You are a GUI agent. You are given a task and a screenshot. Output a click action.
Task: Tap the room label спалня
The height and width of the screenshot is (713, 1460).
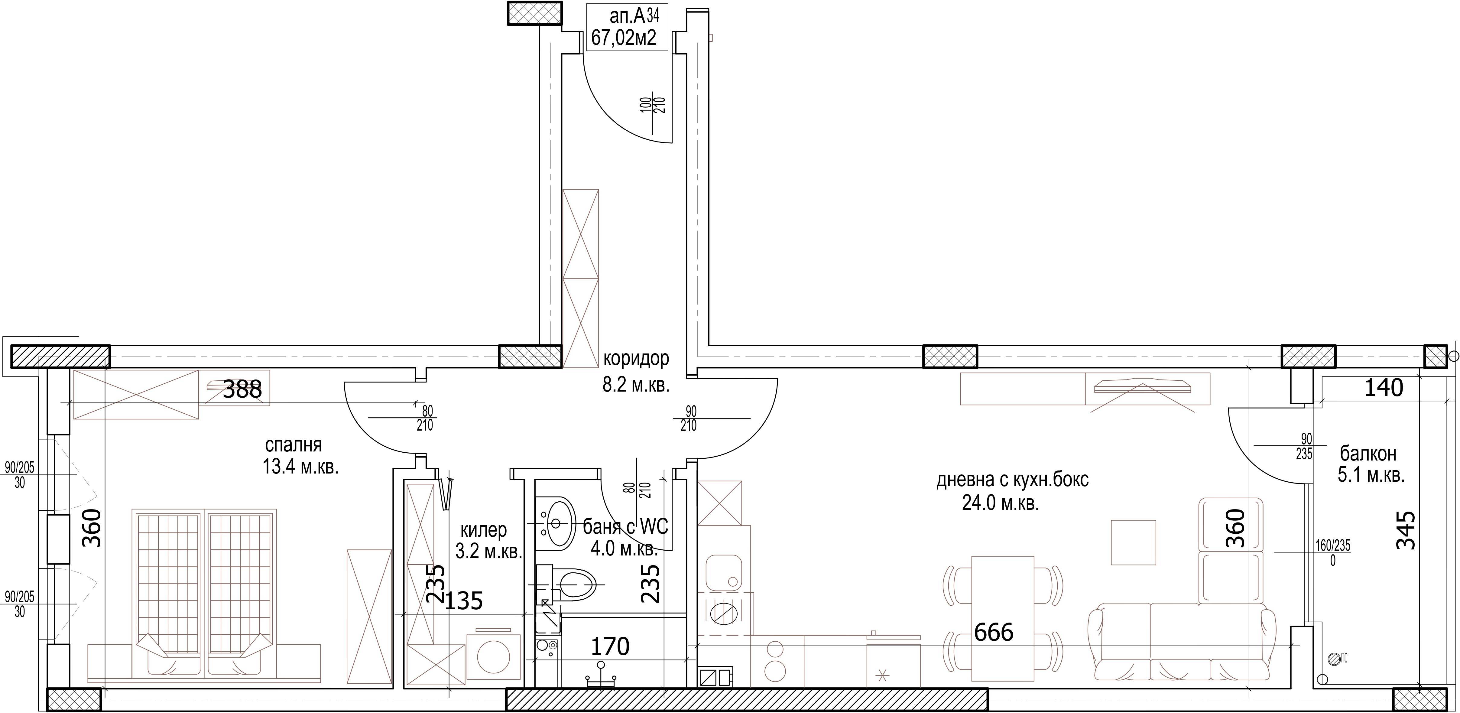tap(294, 444)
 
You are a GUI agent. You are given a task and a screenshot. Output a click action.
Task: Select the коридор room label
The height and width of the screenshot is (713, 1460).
tap(636, 358)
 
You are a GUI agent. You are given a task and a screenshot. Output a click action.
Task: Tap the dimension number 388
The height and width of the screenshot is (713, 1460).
tap(242, 389)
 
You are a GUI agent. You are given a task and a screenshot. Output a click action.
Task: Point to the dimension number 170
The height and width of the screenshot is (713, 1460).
tap(610, 646)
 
